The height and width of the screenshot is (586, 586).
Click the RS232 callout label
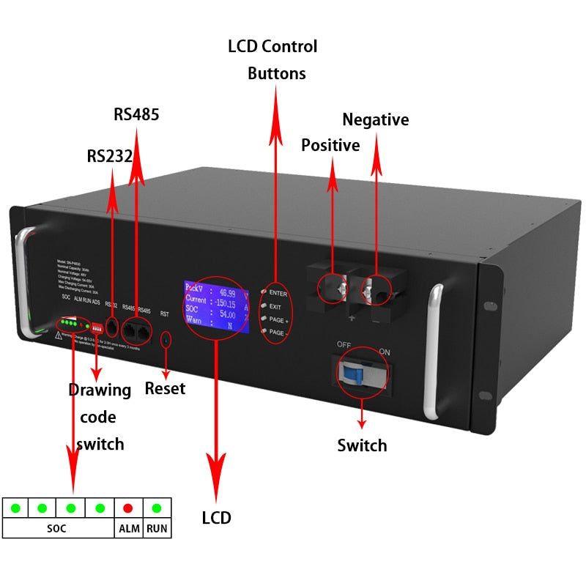(109, 156)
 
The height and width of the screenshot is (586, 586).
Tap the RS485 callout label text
(136, 115)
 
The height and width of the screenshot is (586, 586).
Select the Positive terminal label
(330, 145)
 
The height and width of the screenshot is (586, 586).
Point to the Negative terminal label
(376, 119)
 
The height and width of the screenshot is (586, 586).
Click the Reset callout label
(165, 387)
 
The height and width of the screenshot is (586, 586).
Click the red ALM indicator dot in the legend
(127, 508)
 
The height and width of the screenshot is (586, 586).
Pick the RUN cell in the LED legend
(156, 528)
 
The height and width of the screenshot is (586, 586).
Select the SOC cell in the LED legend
(56, 528)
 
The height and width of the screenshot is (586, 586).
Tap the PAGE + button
(262, 320)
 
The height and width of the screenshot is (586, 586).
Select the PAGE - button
(262, 333)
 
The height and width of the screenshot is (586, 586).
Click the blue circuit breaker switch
(351, 376)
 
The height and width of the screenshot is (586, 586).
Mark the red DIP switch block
(96, 327)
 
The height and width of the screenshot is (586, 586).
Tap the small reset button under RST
(166, 339)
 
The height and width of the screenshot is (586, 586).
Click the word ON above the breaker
(385, 352)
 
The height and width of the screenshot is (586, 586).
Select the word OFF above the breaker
(344, 344)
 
